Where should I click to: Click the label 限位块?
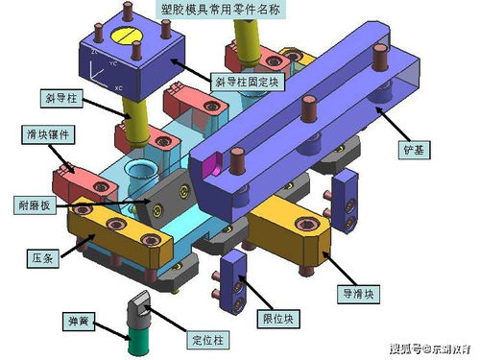(x=286, y=317)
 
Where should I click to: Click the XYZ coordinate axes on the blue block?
(x=104, y=72)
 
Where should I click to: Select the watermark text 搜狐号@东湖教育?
(x=429, y=347)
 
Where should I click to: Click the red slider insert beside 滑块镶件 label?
(x=81, y=180)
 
